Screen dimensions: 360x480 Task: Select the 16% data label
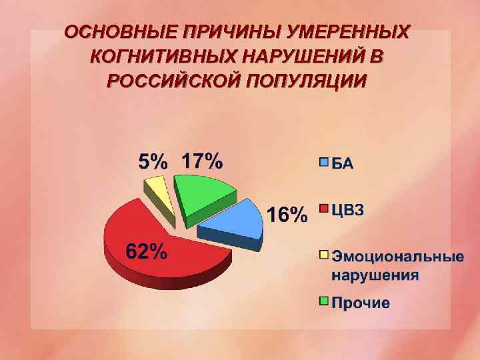point(287,215)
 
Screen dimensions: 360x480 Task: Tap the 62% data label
point(147,252)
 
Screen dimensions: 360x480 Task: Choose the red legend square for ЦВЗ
point(324,210)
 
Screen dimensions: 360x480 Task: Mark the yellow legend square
point(324,255)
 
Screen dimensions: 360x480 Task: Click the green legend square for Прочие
point(324,302)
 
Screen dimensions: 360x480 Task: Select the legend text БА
point(343,163)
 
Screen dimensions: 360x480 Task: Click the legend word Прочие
point(361,303)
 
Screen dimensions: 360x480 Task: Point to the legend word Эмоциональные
point(397,256)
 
